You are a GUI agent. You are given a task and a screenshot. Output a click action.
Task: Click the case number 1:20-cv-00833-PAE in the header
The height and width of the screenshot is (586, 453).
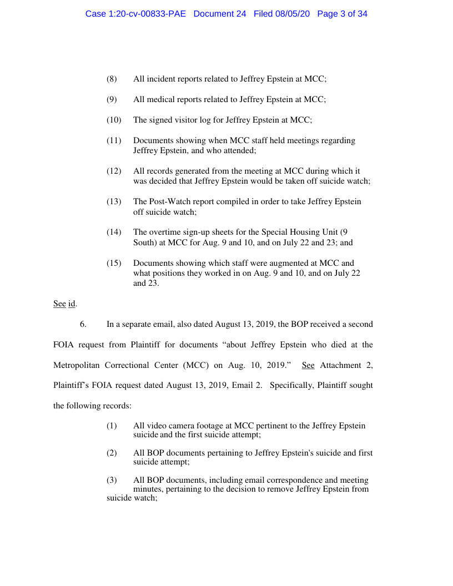(x=137, y=14)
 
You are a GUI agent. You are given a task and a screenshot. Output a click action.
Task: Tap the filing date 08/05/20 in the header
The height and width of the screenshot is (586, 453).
(x=294, y=14)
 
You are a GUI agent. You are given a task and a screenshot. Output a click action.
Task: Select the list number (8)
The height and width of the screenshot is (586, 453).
(x=112, y=79)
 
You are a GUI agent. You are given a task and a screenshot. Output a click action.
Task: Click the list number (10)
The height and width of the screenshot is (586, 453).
(x=114, y=120)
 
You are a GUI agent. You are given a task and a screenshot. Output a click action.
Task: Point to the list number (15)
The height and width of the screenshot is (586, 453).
(x=114, y=263)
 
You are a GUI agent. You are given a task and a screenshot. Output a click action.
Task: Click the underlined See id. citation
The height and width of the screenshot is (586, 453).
(x=64, y=304)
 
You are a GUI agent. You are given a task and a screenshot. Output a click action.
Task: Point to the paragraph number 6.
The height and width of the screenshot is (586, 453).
(x=83, y=324)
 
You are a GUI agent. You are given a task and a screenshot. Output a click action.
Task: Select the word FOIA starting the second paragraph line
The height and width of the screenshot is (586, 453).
(x=63, y=345)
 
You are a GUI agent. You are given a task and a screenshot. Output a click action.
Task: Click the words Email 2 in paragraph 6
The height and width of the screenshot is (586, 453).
(x=248, y=386)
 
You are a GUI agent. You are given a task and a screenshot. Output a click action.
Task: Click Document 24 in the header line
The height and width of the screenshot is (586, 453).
(x=219, y=14)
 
